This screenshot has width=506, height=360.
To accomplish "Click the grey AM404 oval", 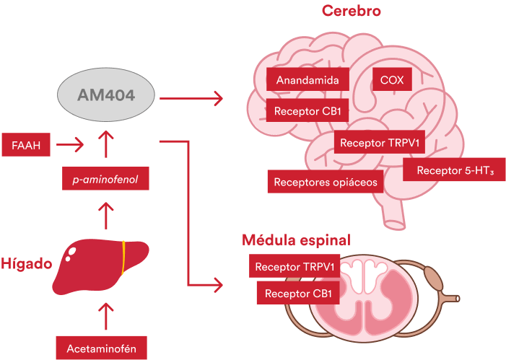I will [106, 96].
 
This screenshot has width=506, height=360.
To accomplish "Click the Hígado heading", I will [26, 263].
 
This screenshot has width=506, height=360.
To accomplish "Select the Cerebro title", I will [352, 11].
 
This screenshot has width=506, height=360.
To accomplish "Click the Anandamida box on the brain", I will [307, 79].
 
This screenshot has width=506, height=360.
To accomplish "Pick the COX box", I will [392, 79].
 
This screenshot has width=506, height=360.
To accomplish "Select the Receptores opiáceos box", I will [325, 182].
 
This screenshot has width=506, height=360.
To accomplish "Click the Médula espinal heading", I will [296, 240].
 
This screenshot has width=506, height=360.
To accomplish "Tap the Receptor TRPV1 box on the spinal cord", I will [295, 266].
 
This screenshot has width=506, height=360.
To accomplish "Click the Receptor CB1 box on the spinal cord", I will [298, 293].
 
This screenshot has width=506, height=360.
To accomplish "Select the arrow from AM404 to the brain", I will [191, 97].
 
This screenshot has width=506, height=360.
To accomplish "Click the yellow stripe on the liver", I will [123, 259].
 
